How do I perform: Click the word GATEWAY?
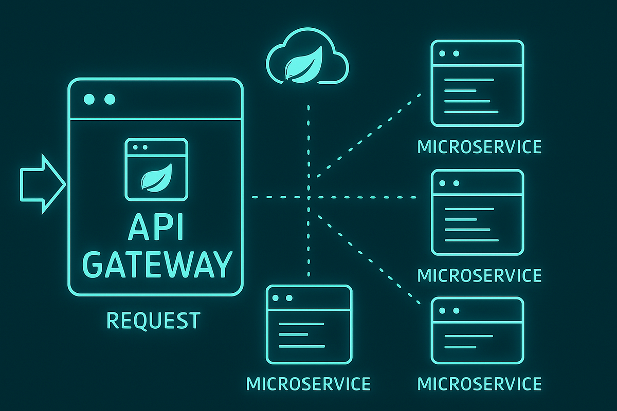pyautogui.click(x=156, y=264)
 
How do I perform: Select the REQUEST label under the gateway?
pyautogui.click(x=153, y=321)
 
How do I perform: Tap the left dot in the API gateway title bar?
pyautogui.click(x=89, y=100)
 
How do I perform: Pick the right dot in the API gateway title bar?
pyautogui.click(x=109, y=100)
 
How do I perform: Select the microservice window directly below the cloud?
pyautogui.click(x=308, y=324)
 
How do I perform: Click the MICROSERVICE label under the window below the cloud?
pyautogui.click(x=308, y=384)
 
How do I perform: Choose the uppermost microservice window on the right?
pyautogui.click(x=477, y=83)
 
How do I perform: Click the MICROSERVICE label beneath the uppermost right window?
pyautogui.click(x=479, y=147)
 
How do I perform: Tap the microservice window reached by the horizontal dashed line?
pyautogui.click(x=477, y=212)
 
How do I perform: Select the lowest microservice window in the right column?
pyautogui.click(x=477, y=330)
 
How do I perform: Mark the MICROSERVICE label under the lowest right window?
pyautogui.click(x=479, y=384)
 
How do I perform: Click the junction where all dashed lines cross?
pyautogui.click(x=308, y=197)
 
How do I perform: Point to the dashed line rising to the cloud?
pyautogui.click(x=308, y=139)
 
